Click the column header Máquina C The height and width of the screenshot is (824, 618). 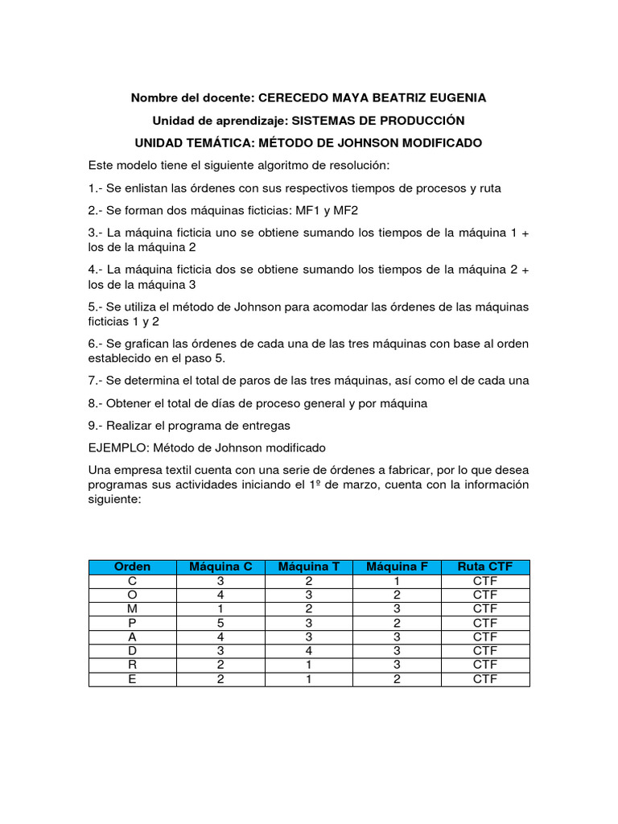(x=220, y=566)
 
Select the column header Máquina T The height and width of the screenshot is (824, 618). (x=309, y=566)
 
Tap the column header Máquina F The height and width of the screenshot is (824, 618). (x=397, y=566)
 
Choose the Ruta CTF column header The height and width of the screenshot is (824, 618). (x=485, y=566)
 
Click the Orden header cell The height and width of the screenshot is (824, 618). (x=133, y=566)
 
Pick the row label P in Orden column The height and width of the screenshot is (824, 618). (x=133, y=623)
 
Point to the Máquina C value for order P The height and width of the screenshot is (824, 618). (x=220, y=623)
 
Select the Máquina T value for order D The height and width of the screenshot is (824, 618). (x=309, y=650)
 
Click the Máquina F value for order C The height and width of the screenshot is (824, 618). (x=397, y=581)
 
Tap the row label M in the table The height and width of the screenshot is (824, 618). (x=133, y=608)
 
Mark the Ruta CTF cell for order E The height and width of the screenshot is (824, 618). (x=485, y=678)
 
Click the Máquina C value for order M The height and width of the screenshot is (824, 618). (x=220, y=608)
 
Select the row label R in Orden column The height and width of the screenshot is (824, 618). (x=133, y=665)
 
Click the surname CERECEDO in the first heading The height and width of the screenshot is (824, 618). (x=294, y=97)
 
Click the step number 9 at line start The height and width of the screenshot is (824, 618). (x=93, y=425)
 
